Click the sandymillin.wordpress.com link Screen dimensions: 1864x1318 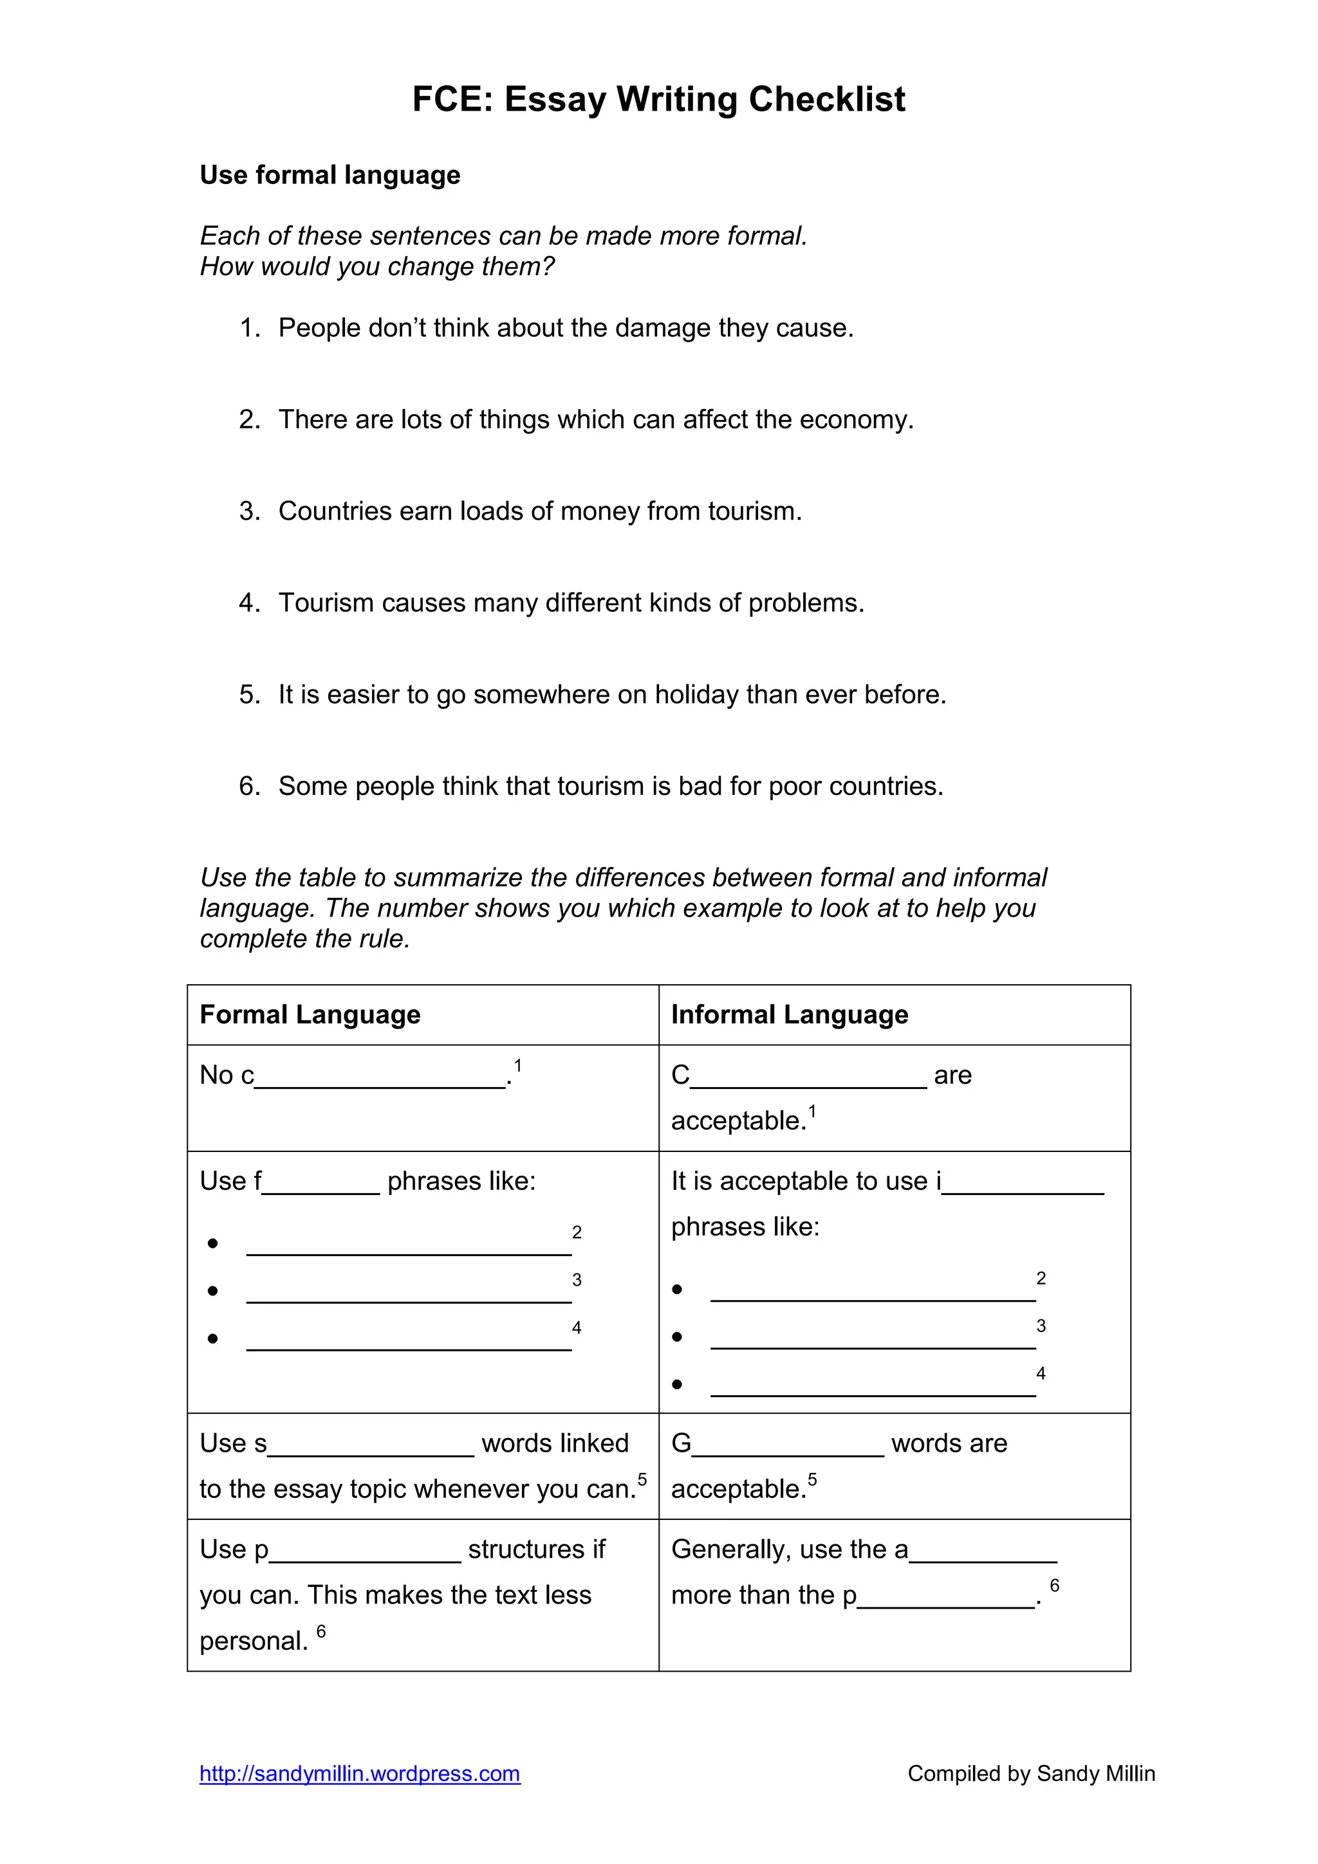pyautogui.click(x=360, y=1773)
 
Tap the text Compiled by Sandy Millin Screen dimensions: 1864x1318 pyautogui.click(x=1030, y=1773)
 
